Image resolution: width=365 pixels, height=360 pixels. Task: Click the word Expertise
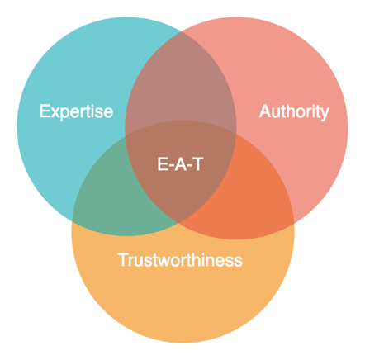(x=76, y=111)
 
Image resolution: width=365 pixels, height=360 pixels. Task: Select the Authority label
(x=294, y=111)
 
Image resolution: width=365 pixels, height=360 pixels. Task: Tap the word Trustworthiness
(x=180, y=260)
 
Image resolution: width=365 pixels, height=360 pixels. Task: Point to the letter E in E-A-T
(x=163, y=163)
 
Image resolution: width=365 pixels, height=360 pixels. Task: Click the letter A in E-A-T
(x=181, y=163)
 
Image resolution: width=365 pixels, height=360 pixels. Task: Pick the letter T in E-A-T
(x=198, y=163)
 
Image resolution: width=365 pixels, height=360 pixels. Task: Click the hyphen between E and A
(x=171, y=166)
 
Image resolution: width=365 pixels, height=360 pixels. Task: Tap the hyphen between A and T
(x=190, y=166)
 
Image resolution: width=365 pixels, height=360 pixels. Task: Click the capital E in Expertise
(x=45, y=111)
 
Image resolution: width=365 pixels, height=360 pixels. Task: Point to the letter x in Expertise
(x=56, y=112)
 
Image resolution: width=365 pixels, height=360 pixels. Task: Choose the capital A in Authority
(x=266, y=111)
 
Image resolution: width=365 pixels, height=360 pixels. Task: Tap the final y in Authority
(x=324, y=114)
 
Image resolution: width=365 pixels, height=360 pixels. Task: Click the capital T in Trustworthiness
(x=123, y=260)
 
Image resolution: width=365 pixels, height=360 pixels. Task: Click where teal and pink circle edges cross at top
(x=181, y=31)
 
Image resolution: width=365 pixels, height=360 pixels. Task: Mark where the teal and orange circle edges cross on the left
(x=72, y=220)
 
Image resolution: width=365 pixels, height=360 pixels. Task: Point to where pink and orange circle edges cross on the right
(x=294, y=222)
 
